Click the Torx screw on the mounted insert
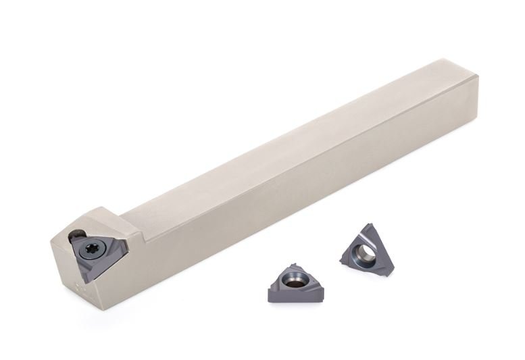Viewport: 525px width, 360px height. coord(93,249)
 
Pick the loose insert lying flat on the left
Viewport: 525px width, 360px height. coord(296,283)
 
